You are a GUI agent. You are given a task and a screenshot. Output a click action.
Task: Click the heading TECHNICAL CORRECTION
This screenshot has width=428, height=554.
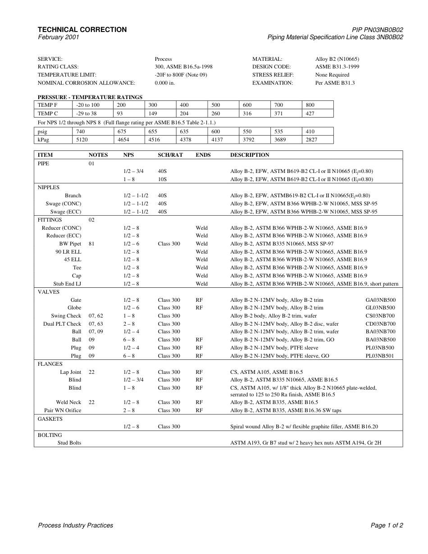click(x=82, y=30)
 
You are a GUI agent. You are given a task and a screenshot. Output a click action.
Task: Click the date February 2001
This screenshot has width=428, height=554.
click(x=58, y=37)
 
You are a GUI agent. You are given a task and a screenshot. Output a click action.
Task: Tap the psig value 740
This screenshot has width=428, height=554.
click(x=81, y=132)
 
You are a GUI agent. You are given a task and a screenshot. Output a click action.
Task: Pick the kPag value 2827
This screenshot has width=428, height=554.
click(x=311, y=140)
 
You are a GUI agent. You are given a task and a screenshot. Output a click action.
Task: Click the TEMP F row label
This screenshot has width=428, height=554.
click(x=47, y=105)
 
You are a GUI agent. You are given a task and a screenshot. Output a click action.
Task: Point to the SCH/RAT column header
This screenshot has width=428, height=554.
click(x=170, y=155)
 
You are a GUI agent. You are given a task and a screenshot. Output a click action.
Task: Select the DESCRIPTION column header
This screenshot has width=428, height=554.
click(x=250, y=155)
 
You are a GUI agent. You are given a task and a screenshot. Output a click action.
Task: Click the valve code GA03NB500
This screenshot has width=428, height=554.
click(x=380, y=300)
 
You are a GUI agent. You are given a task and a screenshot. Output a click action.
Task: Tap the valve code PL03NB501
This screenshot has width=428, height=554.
click(x=380, y=356)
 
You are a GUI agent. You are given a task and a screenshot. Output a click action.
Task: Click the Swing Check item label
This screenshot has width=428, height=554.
click(x=66, y=316)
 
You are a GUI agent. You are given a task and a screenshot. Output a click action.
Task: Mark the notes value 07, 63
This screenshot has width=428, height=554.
click(x=96, y=324)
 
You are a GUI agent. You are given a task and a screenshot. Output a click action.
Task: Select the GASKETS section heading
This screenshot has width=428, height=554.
click(x=50, y=419)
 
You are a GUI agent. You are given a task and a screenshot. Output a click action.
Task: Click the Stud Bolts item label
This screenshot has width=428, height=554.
click(x=69, y=443)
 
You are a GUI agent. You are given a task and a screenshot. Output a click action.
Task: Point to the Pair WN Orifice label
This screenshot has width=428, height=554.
click(x=63, y=410)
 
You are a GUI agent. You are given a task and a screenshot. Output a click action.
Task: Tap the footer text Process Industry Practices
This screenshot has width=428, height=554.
click(x=76, y=525)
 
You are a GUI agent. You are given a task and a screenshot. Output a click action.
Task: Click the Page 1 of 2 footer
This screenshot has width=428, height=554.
click(x=387, y=525)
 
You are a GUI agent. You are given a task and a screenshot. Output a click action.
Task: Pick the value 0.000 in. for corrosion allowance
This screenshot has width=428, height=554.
click(x=165, y=83)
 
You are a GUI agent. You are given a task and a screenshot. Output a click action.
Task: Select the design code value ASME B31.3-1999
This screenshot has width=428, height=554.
click(x=337, y=67)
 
